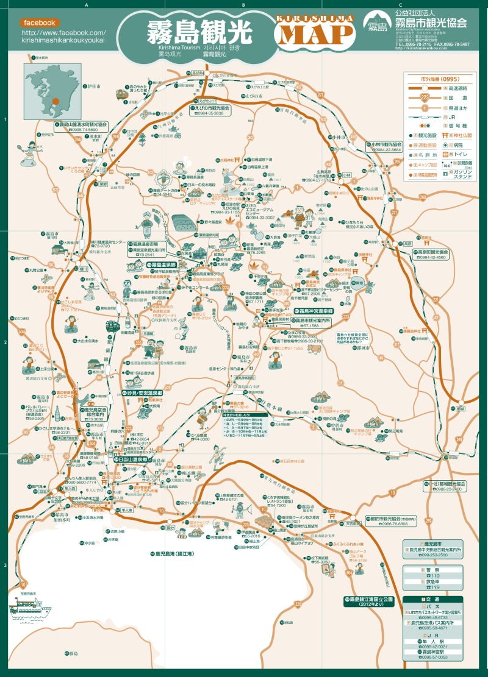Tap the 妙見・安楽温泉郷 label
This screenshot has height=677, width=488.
(142, 393)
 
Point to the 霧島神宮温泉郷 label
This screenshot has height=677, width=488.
(310, 311)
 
